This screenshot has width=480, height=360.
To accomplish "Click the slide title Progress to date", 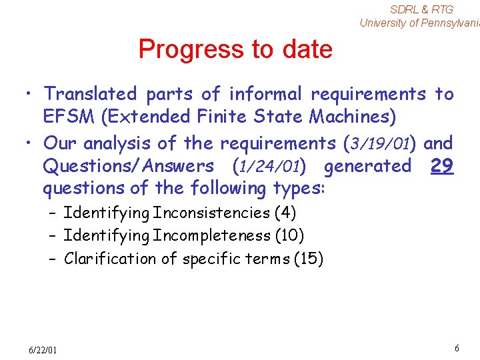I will [x=235, y=49].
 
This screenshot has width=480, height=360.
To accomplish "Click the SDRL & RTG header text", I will [x=421, y=9].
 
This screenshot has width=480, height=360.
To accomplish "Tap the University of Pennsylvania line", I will [x=419, y=23].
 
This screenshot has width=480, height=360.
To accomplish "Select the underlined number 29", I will [x=442, y=165].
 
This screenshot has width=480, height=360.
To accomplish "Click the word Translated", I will [x=90, y=94].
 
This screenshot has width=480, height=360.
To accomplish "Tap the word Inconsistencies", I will [x=211, y=213].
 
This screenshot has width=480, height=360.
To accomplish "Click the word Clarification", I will [x=110, y=259].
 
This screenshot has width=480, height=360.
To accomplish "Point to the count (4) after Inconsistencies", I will [x=285, y=213].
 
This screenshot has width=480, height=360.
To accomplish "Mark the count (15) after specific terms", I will [x=308, y=259].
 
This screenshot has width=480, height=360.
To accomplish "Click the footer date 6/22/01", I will [x=43, y=350].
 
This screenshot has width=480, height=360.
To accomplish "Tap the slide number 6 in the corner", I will [x=457, y=349].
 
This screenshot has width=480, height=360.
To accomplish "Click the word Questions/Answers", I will [x=128, y=166].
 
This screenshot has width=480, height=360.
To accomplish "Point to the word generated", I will [x=367, y=166].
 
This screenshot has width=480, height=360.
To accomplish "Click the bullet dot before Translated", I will [x=31, y=95].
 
